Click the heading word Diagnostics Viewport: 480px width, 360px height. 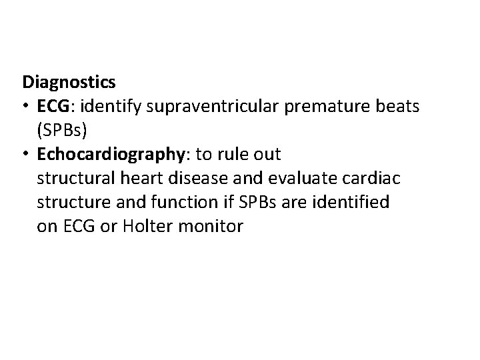pyautogui.click(x=69, y=82)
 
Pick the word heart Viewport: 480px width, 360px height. pyautogui.click(x=142, y=178)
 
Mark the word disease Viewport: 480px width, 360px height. pyautogui.click(x=196, y=178)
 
